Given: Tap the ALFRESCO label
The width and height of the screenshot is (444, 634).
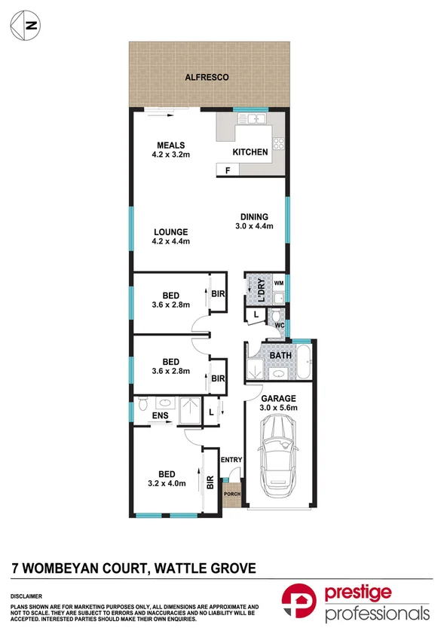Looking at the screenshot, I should [207, 77].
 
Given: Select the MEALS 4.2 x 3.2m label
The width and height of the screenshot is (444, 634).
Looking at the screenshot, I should [171, 151].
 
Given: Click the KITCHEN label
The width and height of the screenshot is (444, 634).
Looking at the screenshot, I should [250, 152].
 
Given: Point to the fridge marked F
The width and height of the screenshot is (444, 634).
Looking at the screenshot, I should [227, 171].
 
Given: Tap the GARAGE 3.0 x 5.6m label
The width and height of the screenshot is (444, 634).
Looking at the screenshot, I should [279, 403].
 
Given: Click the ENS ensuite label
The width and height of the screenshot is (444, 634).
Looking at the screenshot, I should [159, 415].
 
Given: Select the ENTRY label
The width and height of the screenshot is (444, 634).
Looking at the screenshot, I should [231, 459].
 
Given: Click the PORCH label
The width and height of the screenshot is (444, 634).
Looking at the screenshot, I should [231, 495].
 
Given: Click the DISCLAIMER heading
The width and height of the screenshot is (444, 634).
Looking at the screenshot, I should [26, 596].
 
